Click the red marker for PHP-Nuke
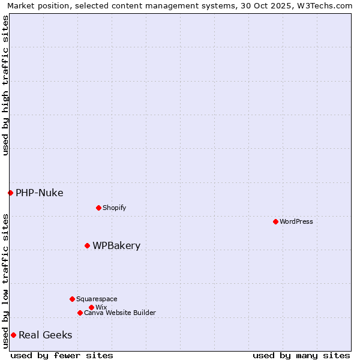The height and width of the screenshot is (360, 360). click(10, 193)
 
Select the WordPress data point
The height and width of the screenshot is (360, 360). click(275, 221)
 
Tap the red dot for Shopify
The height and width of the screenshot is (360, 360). click(98, 208)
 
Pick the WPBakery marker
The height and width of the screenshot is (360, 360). click(87, 245)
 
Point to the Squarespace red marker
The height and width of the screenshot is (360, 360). click(72, 299)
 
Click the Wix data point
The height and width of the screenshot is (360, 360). click(91, 307)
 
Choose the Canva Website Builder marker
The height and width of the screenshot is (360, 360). click(80, 313)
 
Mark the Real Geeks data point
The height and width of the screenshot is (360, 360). click(13, 335)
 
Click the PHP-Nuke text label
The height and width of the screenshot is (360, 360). click(39, 193)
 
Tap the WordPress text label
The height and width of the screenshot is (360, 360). click(296, 221)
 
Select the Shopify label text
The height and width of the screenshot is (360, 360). click(114, 208)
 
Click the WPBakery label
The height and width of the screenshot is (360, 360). click(116, 245)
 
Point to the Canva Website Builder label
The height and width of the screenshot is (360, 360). click(120, 313)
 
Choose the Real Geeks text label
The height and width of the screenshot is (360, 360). click(45, 335)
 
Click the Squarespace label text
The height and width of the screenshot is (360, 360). click(97, 299)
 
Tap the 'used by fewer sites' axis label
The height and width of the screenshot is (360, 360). click(62, 355)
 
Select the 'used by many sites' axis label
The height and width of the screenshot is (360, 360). click(301, 355)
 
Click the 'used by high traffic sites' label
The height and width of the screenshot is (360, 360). click(5, 85)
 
